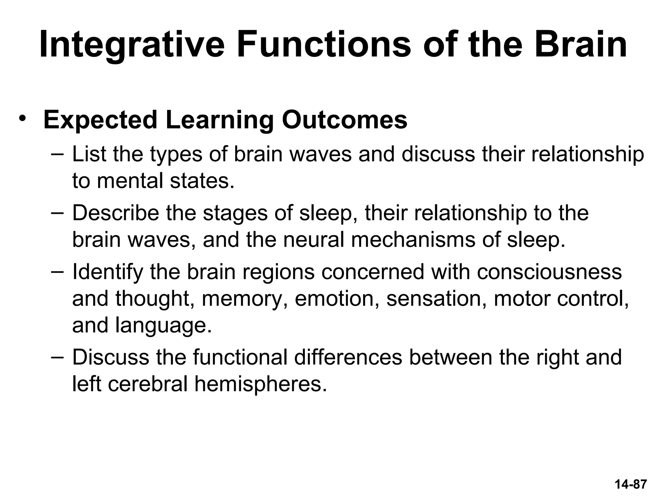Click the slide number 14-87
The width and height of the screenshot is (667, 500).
(631, 484)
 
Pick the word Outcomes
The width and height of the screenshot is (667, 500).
(345, 120)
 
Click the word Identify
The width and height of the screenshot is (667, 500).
(108, 272)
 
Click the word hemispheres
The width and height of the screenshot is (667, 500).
(261, 384)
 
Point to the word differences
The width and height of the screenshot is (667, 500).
(348, 357)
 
